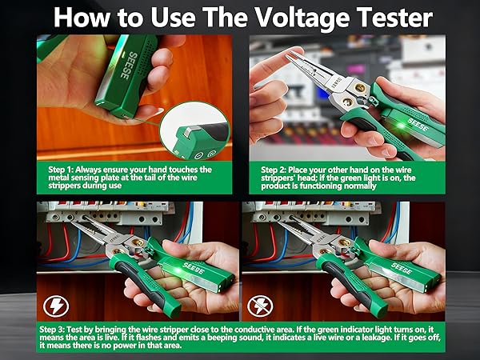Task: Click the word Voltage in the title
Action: point(302,18)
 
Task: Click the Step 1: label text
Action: point(61,170)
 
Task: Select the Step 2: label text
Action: point(274,170)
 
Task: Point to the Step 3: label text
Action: point(52,330)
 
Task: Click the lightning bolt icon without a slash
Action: point(56,306)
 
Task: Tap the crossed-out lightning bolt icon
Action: point(260,306)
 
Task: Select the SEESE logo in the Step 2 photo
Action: point(418,125)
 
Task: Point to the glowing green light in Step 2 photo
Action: point(400,126)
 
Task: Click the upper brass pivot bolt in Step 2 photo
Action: point(360,88)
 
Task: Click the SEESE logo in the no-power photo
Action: point(401,269)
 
